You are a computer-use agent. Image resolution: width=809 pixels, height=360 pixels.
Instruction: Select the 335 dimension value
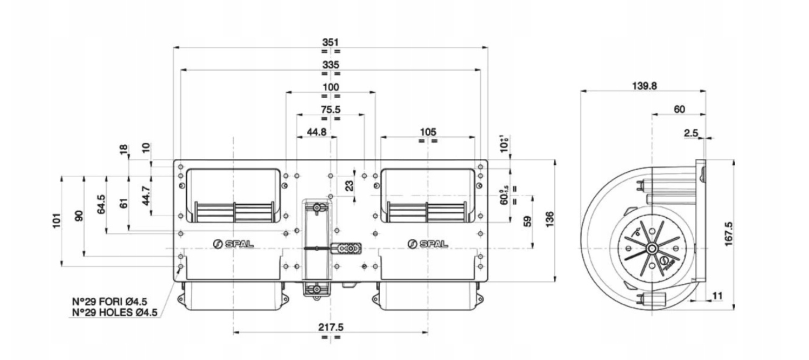[330, 64]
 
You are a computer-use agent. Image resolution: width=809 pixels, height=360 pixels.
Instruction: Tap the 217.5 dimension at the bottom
[331, 328]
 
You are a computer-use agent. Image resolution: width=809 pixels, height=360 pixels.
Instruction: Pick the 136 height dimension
[549, 220]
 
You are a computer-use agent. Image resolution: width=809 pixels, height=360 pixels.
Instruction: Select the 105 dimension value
[428, 131]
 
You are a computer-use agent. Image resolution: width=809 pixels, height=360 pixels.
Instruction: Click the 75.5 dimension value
[330, 109]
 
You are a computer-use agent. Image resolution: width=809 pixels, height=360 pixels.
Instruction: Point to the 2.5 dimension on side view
[691, 133]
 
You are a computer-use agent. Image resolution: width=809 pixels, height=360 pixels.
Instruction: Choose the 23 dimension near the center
[349, 186]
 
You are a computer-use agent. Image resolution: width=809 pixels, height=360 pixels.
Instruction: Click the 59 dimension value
[527, 220]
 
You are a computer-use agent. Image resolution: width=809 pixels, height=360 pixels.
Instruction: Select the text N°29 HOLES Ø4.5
[114, 312]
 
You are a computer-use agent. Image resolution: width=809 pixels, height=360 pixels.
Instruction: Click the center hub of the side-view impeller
[652, 248]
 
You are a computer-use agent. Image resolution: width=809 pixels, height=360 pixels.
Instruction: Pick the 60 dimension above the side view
[679, 109]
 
